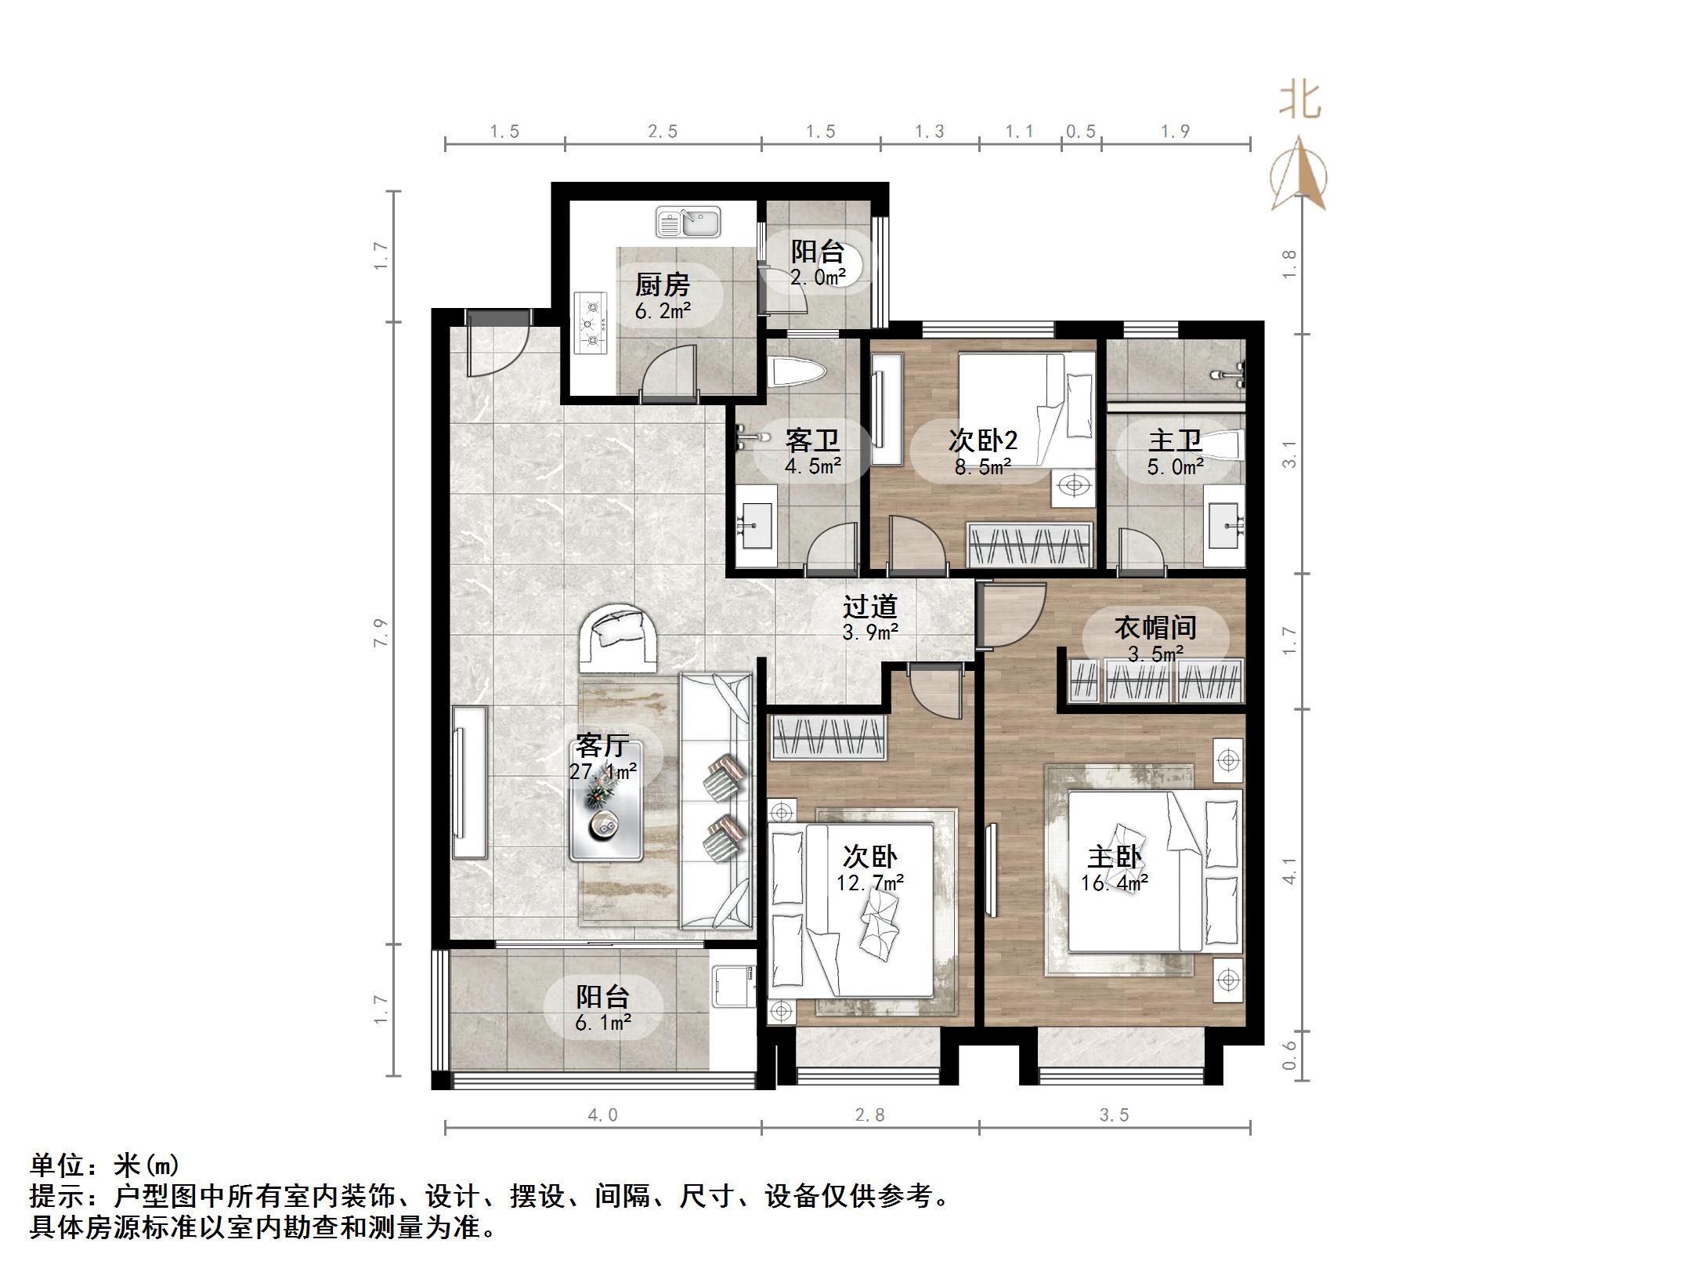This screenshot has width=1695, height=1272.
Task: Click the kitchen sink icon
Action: click(x=688, y=223)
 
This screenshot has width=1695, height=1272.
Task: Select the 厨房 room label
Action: click(x=662, y=284)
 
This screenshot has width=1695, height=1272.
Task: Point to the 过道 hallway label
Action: click(x=869, y=607)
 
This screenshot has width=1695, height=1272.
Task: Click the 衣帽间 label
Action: click(x=1155, y=627)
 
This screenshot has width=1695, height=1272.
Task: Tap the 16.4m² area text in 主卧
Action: click(x=1115, y=883)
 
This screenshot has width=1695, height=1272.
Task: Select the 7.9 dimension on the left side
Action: click(x=381, y=633)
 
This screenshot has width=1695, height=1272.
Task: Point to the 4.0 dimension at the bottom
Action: click(x=602, y=1114)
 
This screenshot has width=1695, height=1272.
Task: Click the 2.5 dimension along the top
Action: click(x=663, y=132)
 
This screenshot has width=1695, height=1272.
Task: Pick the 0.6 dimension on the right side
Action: click(x=1289, y=1056)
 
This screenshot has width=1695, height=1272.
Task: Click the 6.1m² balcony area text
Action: click(x=603, y=1022)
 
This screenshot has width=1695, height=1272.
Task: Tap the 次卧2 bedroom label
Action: click(x=982, y=440)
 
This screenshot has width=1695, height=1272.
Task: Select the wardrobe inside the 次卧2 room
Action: click(x=1030, y=544)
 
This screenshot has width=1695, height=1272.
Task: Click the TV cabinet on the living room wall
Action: click(x=468, y=782)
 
